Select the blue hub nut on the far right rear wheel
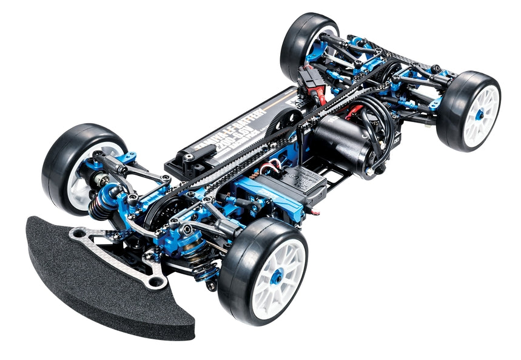[x=479, y=114]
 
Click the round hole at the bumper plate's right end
[x=157, y=281]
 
